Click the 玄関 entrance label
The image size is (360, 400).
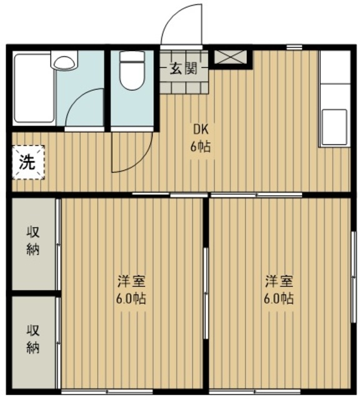click(184, 68)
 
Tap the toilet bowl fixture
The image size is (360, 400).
click(132, 71)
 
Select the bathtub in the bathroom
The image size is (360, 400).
click(34, 88)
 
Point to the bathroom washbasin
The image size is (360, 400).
click(64, 60)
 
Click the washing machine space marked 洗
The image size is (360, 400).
click(28, 162)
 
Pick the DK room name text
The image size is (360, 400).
click(201, 130)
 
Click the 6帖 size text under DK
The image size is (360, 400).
click(201, 147)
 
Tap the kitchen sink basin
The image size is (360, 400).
click(334, 127)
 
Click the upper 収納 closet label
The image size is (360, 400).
click(33, 241)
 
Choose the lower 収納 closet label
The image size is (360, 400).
click(33, 339)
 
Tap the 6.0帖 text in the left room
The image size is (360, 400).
click(131, 299)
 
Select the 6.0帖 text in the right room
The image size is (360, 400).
click(279, 299)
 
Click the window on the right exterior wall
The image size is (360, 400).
click(353, 277)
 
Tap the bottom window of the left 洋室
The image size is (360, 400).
click(107, 391)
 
